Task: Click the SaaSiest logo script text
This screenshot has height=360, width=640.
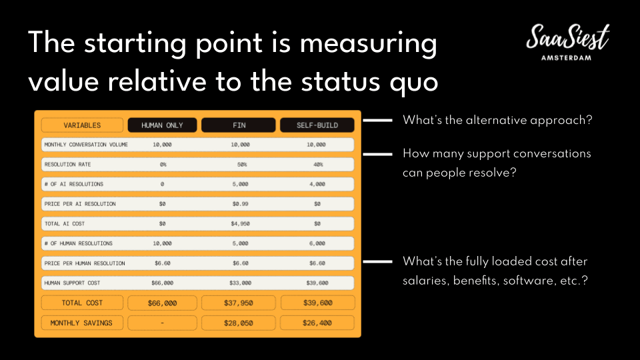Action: pyautogui.click(x=568, y=37)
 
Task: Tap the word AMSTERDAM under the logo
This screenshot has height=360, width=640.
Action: pyautogui.click(x=566, y=58)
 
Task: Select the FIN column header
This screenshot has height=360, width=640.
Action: pyautogui.click(x=239, y=125)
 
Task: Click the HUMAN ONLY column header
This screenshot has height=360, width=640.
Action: pyautogui.click(x=162, y=125)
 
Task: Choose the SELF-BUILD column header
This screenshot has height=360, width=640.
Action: pyautogui.click(x=317, y=125)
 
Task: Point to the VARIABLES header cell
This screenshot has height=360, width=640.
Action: pyautogui.click(x=82, y=125)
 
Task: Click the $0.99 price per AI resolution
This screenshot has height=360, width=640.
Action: pyautogui.click(x=240, y=204)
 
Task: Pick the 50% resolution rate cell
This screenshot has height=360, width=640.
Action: pyautogui.click(x=242, y=165)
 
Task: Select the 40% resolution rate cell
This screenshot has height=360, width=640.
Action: pyautogui.click(x=318, y=165)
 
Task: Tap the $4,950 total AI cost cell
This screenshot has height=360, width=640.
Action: pyautogui.click(x=240, y=224)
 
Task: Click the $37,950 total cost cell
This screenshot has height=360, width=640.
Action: pyautogui.click(x=239, y=303)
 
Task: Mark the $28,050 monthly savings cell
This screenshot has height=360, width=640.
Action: pyautogui.click(x=239, y=323)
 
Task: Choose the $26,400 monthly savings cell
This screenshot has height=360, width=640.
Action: pyautogui.click(x=317, y=323)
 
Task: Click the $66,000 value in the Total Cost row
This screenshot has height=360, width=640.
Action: pyautogui.click(x=162, y=303)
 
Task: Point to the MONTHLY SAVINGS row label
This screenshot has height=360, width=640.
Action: pyautogui.click(x=81, y=323)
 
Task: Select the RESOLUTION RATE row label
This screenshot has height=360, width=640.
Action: pyautogui.click(x=68, y=165)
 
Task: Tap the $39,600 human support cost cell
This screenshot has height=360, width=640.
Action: pyautogui.click(x=317, y=283)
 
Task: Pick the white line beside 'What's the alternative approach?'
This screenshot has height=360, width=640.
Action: pyautogui.click(x=377, y=120)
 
